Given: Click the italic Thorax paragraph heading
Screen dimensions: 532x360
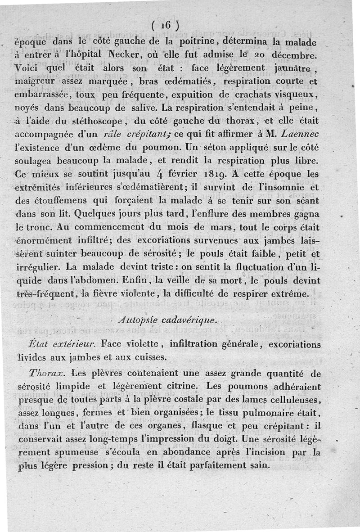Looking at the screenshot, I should pos(47,373).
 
